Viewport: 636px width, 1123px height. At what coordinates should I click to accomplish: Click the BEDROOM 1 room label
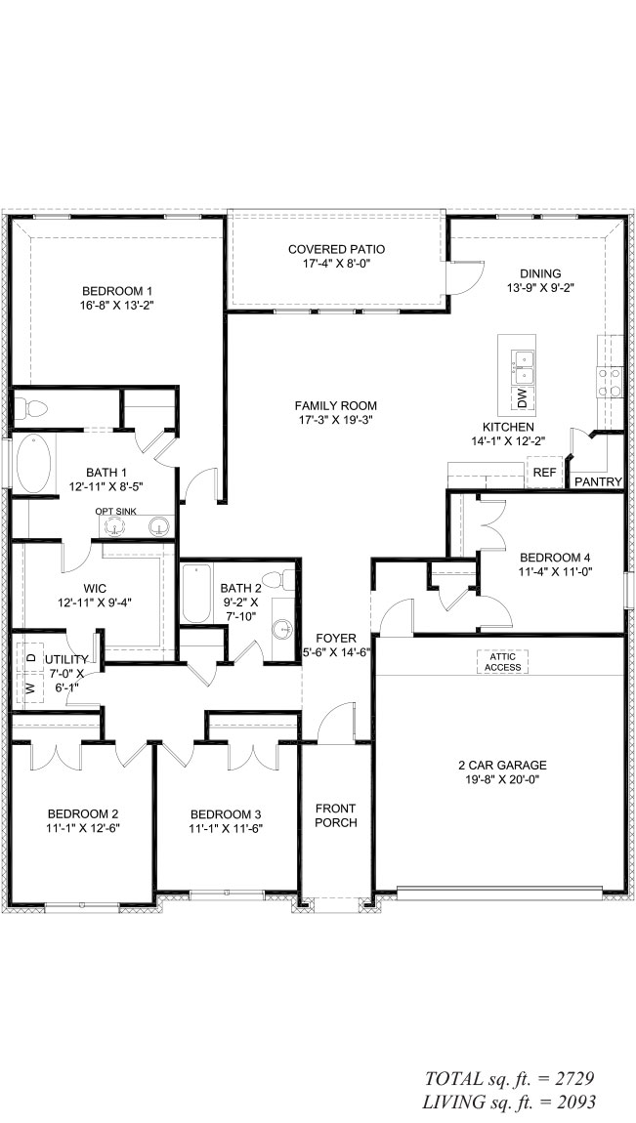[117, 291]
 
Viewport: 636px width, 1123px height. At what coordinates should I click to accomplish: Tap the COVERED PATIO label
[337, 249]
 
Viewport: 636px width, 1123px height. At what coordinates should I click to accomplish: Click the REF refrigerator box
[544, 473]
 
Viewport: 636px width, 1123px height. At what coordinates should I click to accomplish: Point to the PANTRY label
[598, 482]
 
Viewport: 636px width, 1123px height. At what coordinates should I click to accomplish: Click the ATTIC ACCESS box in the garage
[503, 662]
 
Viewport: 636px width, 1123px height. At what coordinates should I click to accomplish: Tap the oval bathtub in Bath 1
[34, 464]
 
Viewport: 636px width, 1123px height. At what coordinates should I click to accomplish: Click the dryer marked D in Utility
[31, 657]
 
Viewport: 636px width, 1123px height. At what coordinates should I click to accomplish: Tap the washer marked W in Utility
[31, 688]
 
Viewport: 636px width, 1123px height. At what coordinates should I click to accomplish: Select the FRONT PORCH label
[336, 815]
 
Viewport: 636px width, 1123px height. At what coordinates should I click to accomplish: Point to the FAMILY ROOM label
[336, 405]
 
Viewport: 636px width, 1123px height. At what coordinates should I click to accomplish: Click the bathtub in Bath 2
[196, 594]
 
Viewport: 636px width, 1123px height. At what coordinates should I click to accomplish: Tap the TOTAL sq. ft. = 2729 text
[509, 1079]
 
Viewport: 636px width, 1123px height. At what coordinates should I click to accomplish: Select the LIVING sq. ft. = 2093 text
[509, 1102]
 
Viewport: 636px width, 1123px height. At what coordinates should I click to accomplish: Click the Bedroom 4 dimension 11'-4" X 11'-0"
[556, 571]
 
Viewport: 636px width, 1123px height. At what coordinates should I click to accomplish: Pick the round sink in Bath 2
[283, 629]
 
